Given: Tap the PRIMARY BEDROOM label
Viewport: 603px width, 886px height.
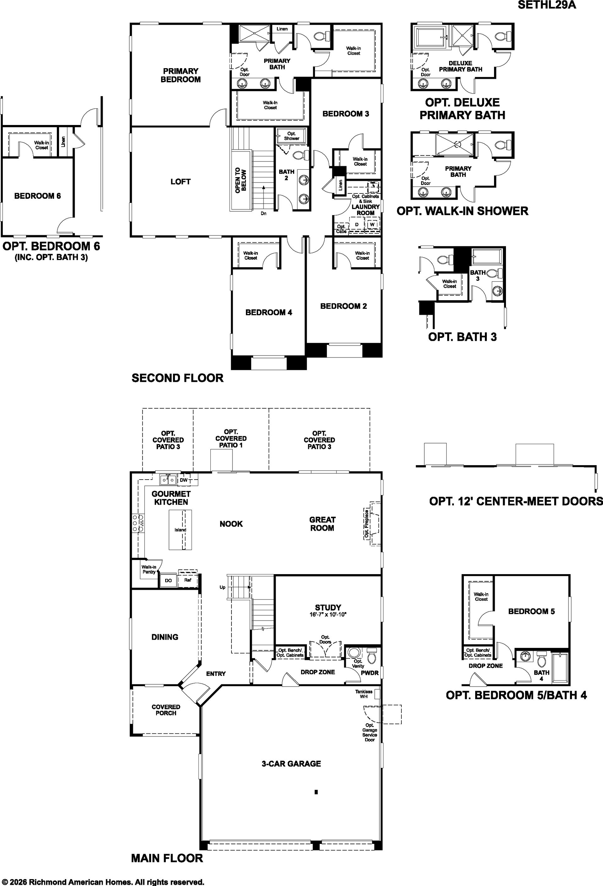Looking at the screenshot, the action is coord(181,75).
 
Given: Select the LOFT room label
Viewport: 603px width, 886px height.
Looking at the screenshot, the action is coord(181,182).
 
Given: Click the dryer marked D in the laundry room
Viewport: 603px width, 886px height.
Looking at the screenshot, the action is coord(357,225).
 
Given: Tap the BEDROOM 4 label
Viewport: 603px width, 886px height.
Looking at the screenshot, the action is coord(269,313).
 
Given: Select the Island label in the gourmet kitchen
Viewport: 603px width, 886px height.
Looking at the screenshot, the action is coord(180,530).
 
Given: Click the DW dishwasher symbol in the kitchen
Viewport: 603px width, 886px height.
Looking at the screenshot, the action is coord(184,480).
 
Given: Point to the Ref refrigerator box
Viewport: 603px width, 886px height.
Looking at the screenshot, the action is coord(187,580).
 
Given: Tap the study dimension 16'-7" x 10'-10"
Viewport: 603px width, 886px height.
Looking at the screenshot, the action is coord(328,615).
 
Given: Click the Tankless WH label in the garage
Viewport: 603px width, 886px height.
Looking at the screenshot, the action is coord(364,694).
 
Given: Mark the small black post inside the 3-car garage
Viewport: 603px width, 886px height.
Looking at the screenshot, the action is coord(316,792).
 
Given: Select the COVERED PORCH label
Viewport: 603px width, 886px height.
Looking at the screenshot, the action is coord(166,710).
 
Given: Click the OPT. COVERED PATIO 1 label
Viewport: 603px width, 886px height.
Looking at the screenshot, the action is coord(231,438).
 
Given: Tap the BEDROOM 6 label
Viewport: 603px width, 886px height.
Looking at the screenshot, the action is coord(37,196).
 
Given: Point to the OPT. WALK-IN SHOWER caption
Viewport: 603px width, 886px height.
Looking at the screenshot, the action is coord(462,211).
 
